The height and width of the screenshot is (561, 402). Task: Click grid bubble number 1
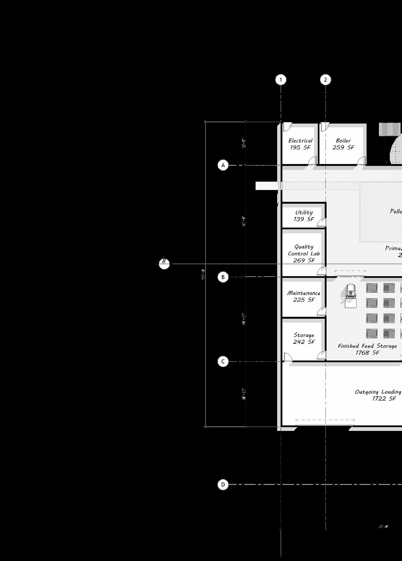point(281,80)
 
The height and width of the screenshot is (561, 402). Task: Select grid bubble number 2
point(325,80)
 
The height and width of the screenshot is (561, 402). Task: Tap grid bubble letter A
point(223,165)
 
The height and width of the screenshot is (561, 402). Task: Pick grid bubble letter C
point(223,361)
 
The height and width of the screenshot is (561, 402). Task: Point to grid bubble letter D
point(223,484)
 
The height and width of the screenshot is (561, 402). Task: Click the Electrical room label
point(300,141)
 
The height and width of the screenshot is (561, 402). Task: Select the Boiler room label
point(343,141)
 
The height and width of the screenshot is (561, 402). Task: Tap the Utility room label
point(304,212)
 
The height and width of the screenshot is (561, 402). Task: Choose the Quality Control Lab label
point(304,250)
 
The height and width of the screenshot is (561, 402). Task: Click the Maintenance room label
point(304,293)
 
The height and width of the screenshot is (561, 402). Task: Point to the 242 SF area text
point(304,342)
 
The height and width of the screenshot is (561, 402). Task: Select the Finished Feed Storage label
point(367,346)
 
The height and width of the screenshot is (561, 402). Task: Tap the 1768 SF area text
point(367,353)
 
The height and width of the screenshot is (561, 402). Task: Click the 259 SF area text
point(343,147)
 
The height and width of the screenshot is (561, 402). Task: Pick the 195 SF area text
point(300,147)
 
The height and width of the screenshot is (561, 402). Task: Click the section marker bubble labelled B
point(164,263)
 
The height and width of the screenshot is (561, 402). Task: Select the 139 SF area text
point(304,219)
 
